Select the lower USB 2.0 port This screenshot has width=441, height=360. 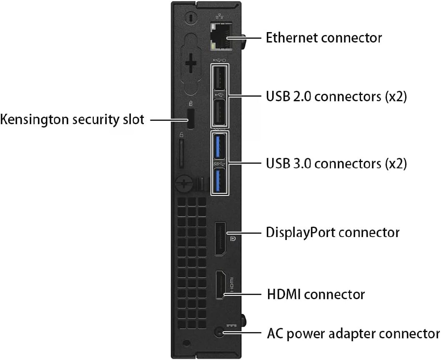(x=220, y=113)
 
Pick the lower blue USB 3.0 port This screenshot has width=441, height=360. (x=220, y=180)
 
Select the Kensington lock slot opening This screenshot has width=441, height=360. (x=191, y=119)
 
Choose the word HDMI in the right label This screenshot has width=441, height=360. (x=283, y=295)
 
